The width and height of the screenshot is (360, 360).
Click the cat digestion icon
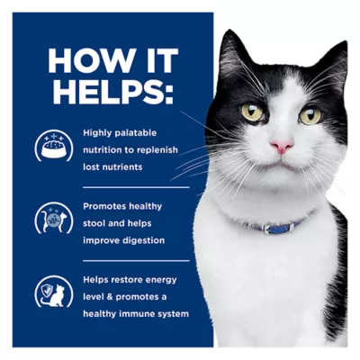(x=54, y=218)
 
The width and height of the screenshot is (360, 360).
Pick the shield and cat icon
(x=54, y=292)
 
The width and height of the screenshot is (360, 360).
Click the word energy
(x=161, y=280)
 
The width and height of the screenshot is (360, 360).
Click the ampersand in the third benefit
(x=110, y=297)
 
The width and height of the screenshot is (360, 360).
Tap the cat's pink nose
(x=282, y=146)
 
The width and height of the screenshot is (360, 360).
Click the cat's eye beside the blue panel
(x=253, y=112)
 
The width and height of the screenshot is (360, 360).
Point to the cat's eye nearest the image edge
(x=310, y=115)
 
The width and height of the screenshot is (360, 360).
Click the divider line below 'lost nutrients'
(x=136, y=187)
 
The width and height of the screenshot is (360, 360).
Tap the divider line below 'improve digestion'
(x=136, y=261)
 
